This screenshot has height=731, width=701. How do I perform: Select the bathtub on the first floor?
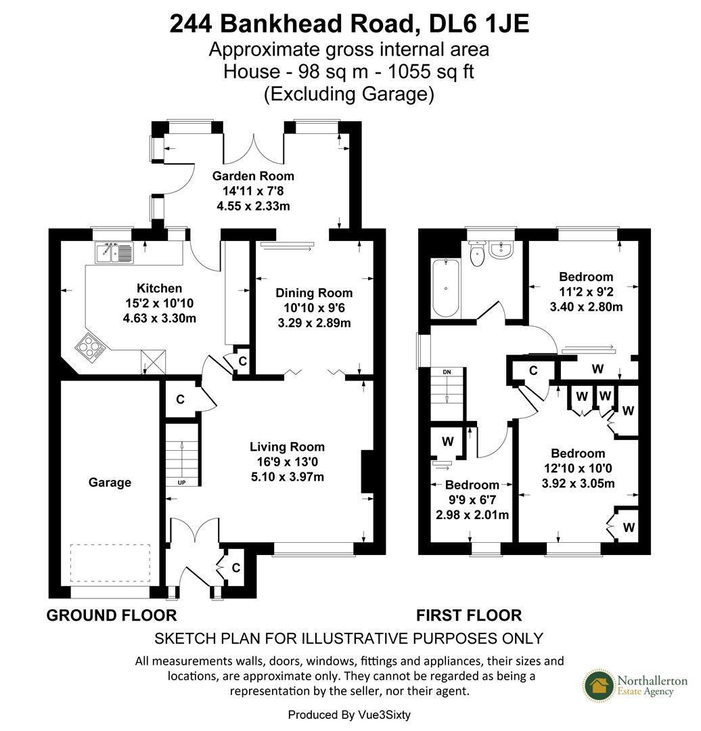coord(446,288)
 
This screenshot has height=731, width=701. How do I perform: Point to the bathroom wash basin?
coord(501,250)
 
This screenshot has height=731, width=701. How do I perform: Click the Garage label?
coord(110,483)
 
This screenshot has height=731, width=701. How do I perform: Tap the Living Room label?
coord(287,447)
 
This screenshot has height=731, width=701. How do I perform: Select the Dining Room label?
coord(314,293)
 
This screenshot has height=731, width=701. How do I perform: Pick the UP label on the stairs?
coord(182,483)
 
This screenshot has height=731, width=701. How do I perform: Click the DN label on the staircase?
coord(447,372)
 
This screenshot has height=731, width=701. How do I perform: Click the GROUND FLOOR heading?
coord(112,615)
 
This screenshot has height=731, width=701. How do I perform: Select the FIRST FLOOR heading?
coord(469,615)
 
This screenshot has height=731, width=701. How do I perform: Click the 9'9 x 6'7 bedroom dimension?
coord(472,500)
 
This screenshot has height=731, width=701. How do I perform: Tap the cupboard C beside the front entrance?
coord(236,568)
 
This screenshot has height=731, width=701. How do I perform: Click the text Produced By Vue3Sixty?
coord(349,715)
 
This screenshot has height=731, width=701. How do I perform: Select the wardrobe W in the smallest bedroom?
coord(447,442)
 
